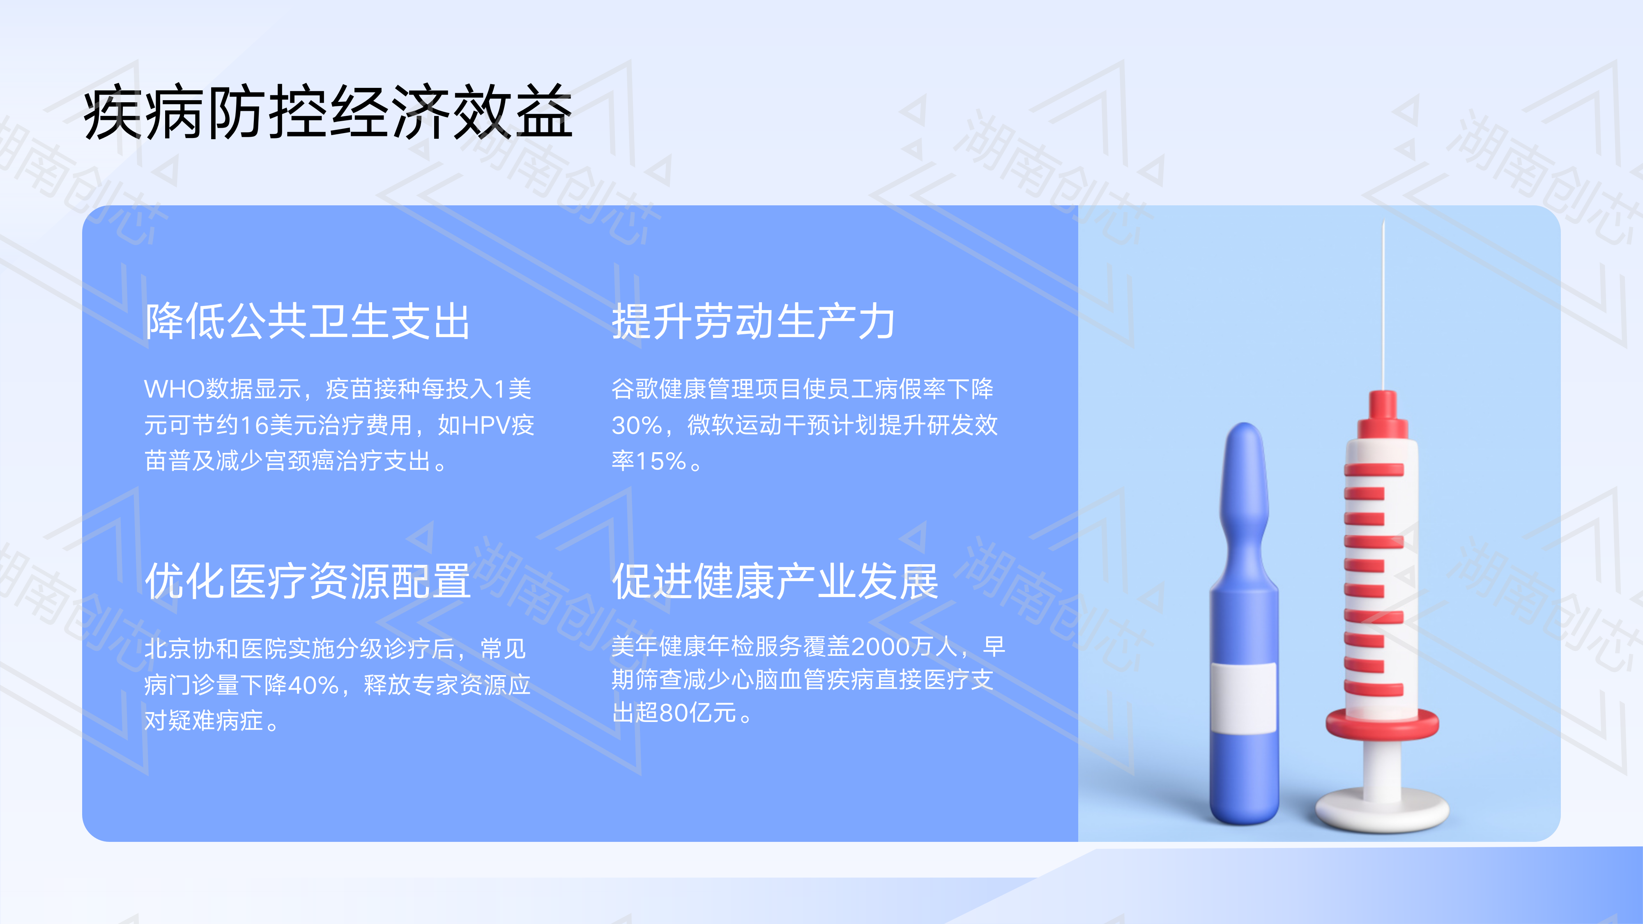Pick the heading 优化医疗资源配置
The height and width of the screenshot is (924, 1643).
coord(307,581)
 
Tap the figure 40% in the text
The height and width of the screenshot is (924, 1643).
coord(313,685)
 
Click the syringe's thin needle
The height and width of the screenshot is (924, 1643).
coord(1383,306)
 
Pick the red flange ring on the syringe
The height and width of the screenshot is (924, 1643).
coord(1382,724)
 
